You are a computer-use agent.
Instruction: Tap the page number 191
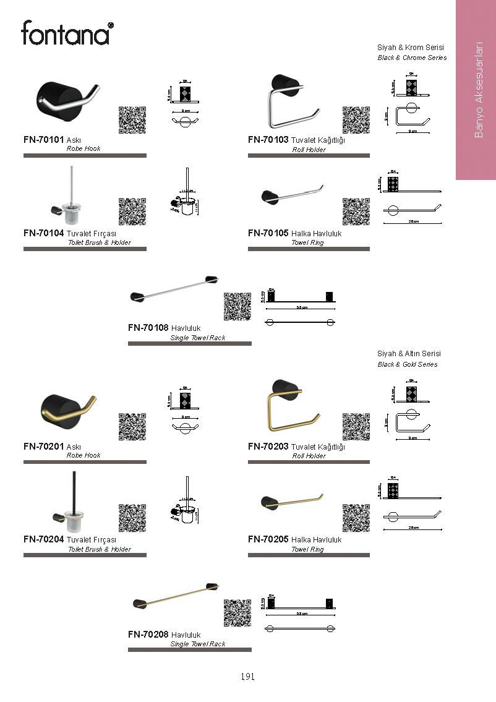[x=247, y=677]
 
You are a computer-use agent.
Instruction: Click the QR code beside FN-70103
[x=356, y=120]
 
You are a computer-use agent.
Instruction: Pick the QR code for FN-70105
[x=356, y=212]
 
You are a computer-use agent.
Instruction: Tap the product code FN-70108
[x=148, y=328]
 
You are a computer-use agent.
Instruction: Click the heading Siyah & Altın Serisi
[x=409, y=354]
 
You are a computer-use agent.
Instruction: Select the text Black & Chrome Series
[x=412, y=58]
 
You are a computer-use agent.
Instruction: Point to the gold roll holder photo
[x=291, y=408]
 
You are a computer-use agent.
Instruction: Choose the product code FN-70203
[x=268, y=447]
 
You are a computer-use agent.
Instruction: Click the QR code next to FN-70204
[x=132, y=518]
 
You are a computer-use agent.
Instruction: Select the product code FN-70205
[x=268, y=539]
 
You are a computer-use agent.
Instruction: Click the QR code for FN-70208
[x=237, y=613]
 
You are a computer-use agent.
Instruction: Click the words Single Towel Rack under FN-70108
[x=197, y=338]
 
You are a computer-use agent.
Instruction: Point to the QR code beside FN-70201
[x=132, y=426]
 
